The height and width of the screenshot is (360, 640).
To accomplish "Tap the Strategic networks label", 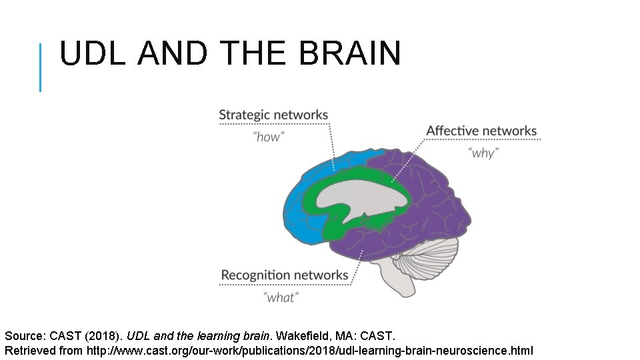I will (x=273, y=115).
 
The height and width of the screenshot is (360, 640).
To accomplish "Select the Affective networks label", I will (x=481, y=131).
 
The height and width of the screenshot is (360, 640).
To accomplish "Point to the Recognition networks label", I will (x=285, y=275).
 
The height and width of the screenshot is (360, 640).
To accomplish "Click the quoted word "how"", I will (x=269, y=137).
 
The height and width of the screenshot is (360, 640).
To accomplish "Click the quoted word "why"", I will (x=483, y=153).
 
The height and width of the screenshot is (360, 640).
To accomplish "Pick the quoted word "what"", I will (x=281, y=297).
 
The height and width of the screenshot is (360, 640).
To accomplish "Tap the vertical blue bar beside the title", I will (x=41, y=67).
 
